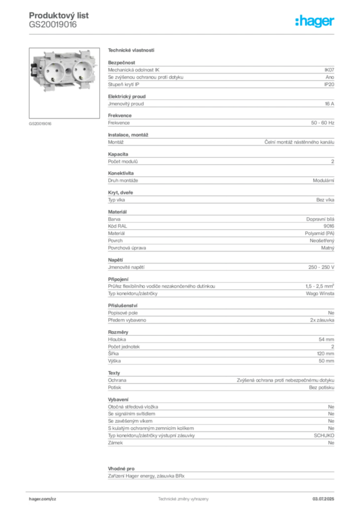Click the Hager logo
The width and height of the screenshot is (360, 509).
point(315,21)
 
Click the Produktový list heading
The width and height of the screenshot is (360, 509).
point(59,15)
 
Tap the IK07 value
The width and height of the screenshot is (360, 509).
point(329,70)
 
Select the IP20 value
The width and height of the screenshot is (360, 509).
point(329,85)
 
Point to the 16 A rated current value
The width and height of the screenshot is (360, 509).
point(330,104)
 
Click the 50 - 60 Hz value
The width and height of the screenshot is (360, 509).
point(323,123)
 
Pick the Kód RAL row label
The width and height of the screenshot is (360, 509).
point(117,226)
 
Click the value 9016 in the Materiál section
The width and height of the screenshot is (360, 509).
point(329,226)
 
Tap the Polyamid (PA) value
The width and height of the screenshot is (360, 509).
point(319,234)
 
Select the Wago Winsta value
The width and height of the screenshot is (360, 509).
point(320,293)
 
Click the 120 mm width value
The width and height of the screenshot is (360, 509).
point(326,353)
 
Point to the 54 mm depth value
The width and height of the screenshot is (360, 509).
point(326,339)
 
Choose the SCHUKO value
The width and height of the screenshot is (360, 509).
point(324,435)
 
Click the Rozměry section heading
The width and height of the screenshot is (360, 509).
point(118,332)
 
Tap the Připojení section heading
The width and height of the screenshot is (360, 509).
point(118,279)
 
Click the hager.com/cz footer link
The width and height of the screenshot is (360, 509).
point(43,499)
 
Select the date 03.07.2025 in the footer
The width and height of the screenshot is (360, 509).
point(323,499)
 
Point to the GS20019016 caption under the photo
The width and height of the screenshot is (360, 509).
point(40,124)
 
